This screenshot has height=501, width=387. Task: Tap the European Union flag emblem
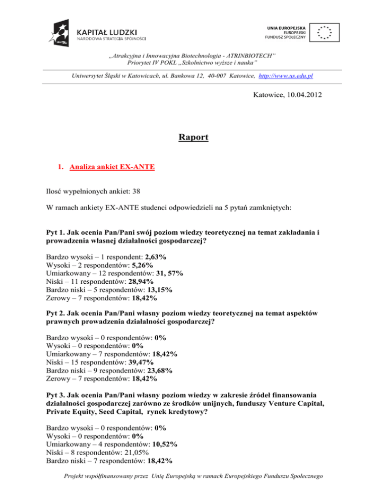point(325,32)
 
